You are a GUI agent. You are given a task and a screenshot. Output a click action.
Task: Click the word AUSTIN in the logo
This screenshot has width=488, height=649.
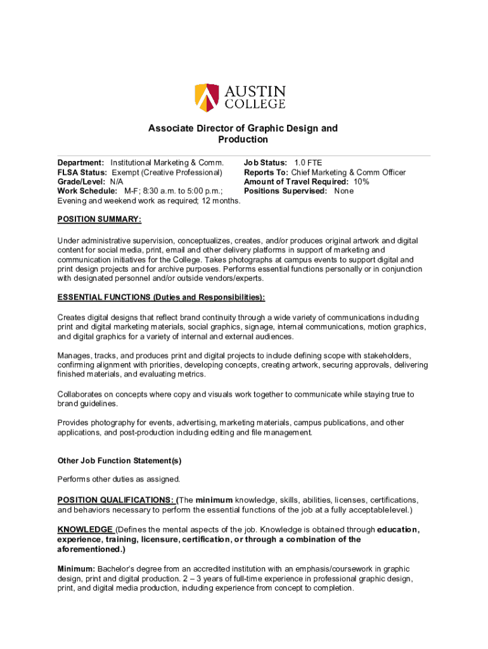tap(255, 91)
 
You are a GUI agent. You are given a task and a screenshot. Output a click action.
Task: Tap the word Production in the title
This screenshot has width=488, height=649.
tap(243, 139)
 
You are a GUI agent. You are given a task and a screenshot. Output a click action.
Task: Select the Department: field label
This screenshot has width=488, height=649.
tap(80, 164)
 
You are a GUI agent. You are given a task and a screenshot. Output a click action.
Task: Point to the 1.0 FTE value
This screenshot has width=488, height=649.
tap(308, 164)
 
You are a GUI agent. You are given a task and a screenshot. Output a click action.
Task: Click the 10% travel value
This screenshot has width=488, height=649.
tap(362, 182)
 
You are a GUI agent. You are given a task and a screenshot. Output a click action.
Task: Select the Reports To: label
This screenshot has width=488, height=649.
tap(266, 172)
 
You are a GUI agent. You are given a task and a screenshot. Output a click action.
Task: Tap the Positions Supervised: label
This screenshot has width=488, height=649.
tap(286, 191)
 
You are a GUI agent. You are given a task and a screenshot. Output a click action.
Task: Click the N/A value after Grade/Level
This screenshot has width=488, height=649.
tap(117, 182)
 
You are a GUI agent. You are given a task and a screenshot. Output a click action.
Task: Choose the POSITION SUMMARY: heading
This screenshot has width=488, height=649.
tap(100, 219)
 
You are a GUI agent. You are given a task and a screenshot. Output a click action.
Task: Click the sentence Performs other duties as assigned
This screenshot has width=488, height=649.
tap(119, 479)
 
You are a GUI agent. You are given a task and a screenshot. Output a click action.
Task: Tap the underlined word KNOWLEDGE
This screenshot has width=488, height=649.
tap(85, 530)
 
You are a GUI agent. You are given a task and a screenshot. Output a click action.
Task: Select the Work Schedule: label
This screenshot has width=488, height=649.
tap(87, 191)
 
